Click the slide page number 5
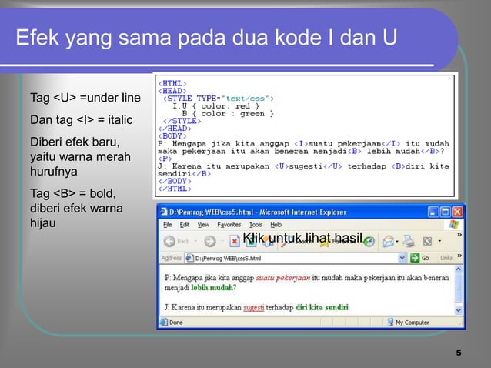pyautogui.click(x=459, y=353)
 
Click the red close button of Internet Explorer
pyautogui.click(x=458, y=211)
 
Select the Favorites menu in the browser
pyautogui.click(x=228, y=225)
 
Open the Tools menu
pyautogui.click(x=256, y=225)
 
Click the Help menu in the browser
pyautogui.click(x=276, y=225)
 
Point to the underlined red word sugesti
pyautogui.click(x=253, y=308)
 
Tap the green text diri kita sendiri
pyautogui.click(x=322, y=308)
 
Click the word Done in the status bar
pyautogui.click(x=176, y=323)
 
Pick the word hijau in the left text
pyautogui.click(x=43, y=224)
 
